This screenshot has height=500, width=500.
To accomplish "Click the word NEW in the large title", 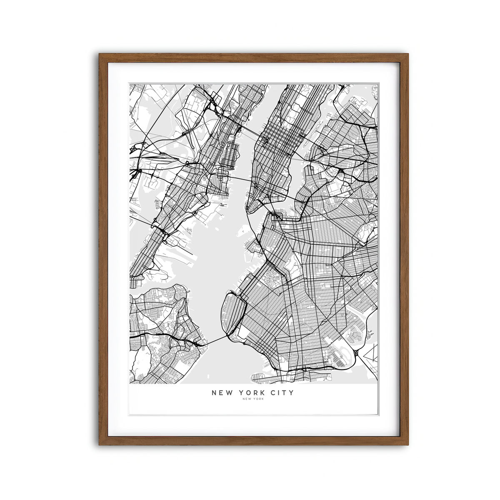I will pos(221,392).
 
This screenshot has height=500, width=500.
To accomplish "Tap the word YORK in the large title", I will pos(250,392).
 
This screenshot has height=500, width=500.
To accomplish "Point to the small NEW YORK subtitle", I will pos(253,399).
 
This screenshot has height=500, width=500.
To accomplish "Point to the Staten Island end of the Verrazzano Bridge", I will pos(204,344).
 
